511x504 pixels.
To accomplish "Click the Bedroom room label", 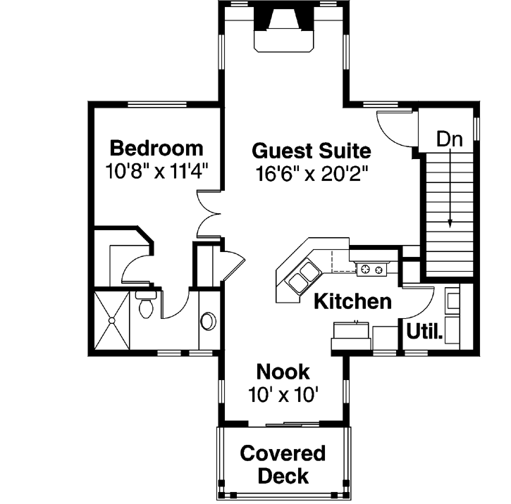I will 156,149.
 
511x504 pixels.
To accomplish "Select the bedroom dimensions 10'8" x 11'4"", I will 156,171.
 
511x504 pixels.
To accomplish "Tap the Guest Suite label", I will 311,151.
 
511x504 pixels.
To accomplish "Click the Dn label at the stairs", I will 449,139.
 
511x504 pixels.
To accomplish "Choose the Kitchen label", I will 352,302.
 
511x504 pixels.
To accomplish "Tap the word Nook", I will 282,371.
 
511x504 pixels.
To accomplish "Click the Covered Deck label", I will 283,465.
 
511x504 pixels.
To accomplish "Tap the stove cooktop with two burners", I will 371,268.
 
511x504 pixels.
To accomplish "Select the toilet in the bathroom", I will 147,305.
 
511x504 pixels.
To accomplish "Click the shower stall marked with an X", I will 111,321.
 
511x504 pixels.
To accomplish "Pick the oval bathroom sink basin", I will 209,321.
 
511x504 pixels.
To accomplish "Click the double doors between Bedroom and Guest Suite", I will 210,213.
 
